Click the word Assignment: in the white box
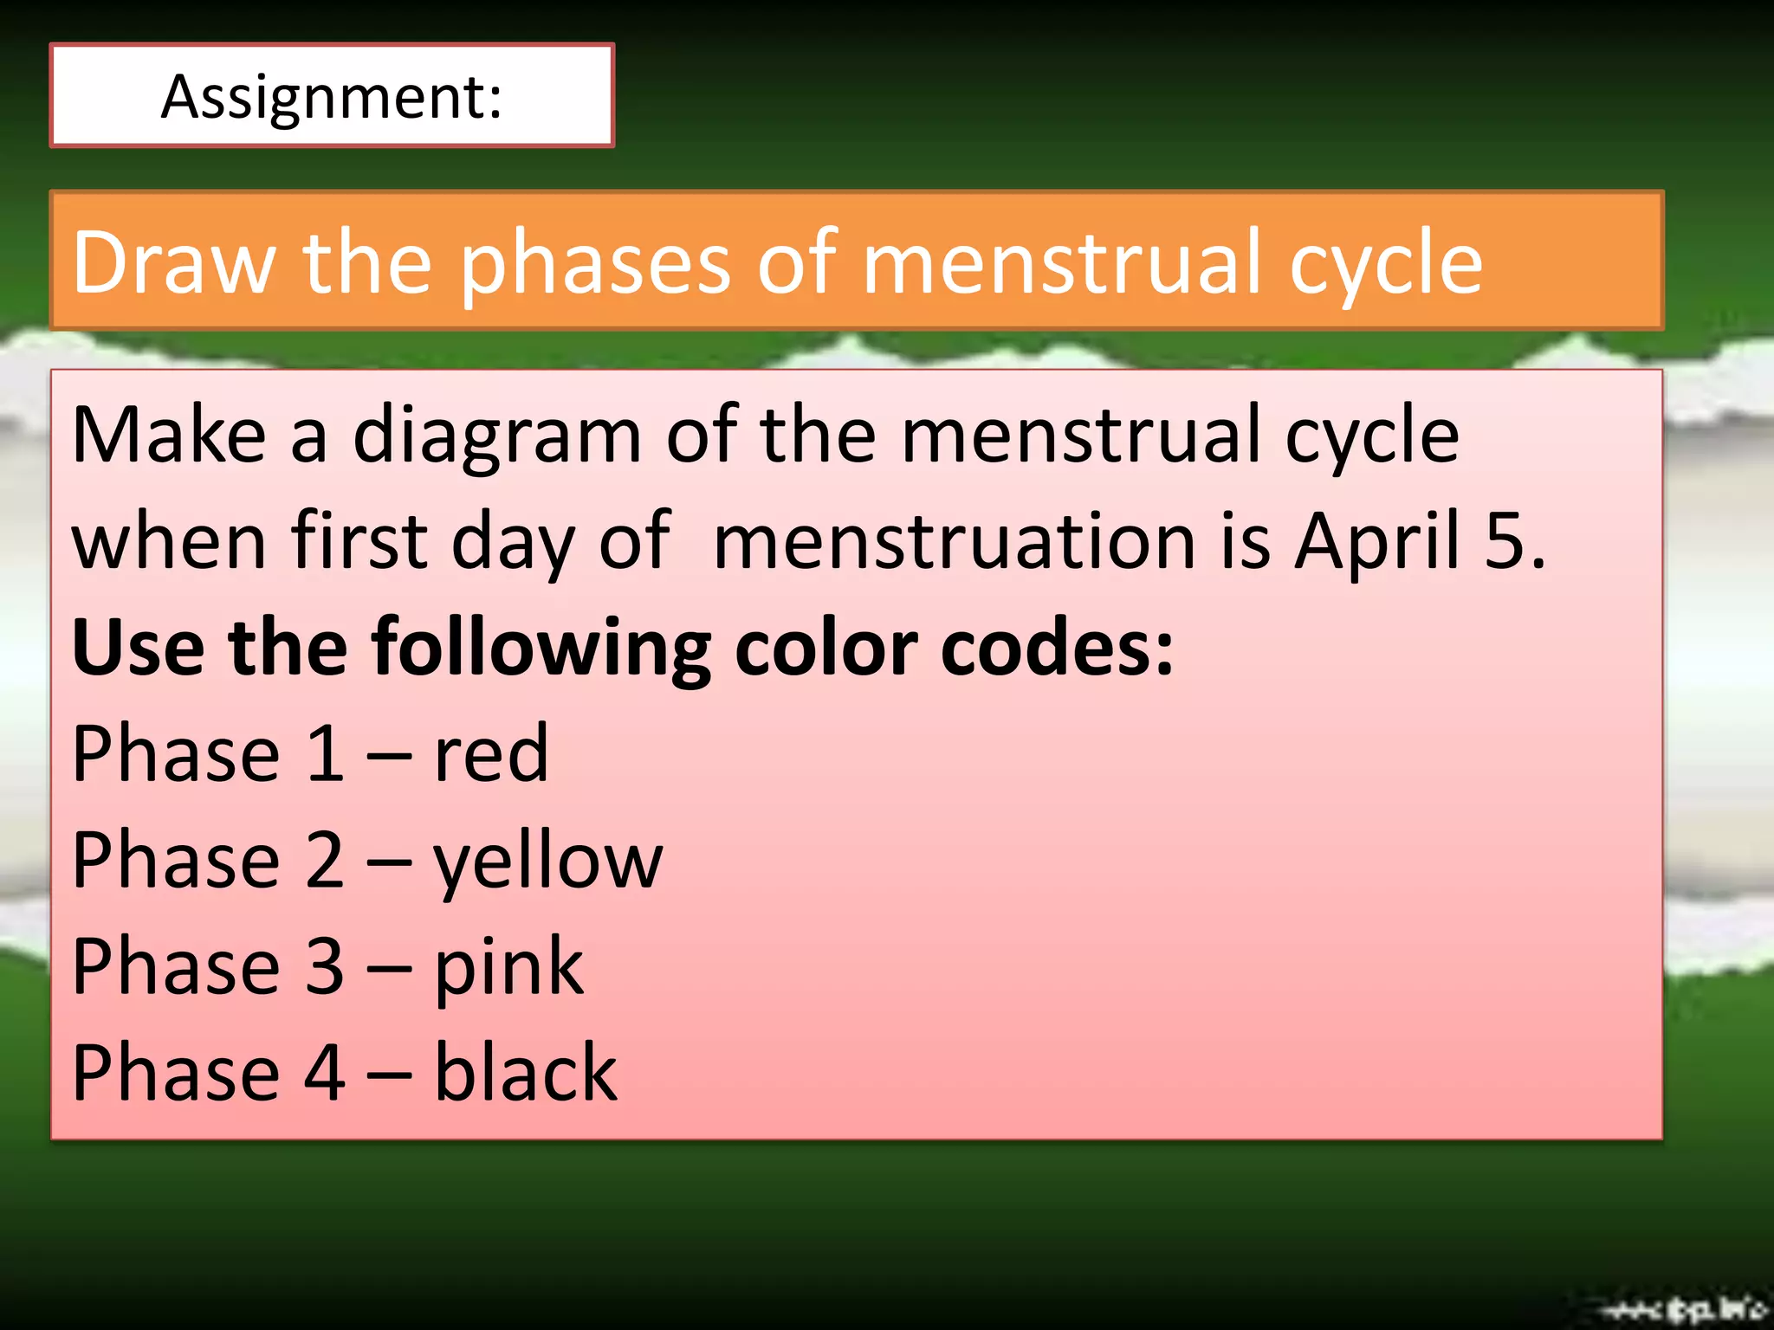pyautogui.click(x=332, y=97)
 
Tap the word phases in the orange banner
pyautogui.click(x=594, y=262)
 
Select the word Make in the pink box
pyautogui.click(x=169, y=435)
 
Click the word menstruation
pyautogui.click(x=956, y=541)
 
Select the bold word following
pyautogui.click(x=541, y=648)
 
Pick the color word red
pyautogui.click(x=490, y=753)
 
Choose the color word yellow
pyautogui.click(x=547, y=861)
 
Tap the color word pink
pyautogui.click(x=508, y=967)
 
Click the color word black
pyautogui.click(x=525, y=1073)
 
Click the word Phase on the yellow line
pyautogui.click(x=176, y=860)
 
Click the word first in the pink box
pyautogui.click(x=359, y=541)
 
